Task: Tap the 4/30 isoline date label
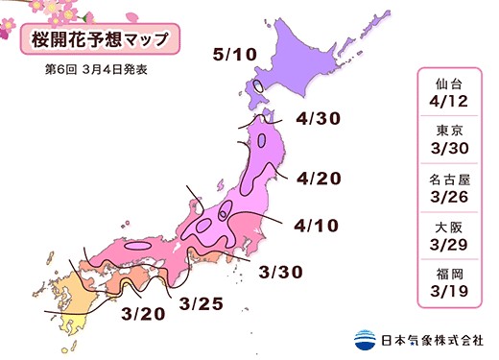pos(319,119)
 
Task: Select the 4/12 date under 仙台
pos(449,102)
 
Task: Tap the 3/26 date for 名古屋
pos(449,194)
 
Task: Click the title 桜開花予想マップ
pos(92,42)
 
